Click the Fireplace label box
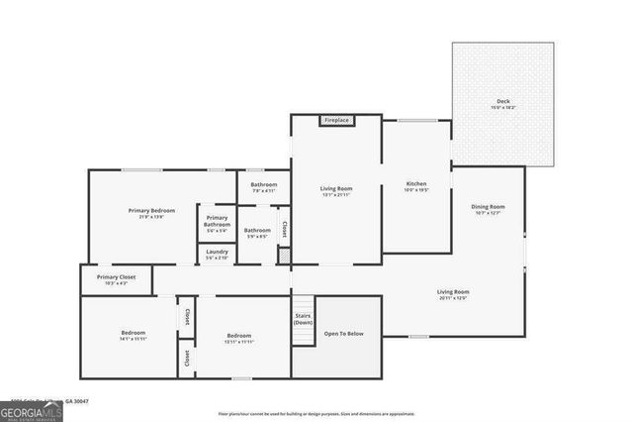pos(335,121)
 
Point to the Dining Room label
pos(489,209)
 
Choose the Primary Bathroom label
pos(217,222)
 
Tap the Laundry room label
pos(217,254)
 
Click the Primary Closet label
pos(116,279)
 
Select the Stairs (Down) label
pos(303,319)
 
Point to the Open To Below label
pos(344,333)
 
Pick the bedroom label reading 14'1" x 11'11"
pos(134,335)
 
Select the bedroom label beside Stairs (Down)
pos(239,338)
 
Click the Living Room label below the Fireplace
pos(335,190)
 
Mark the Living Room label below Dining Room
pos(453,294)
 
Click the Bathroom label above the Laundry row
pos(263,187)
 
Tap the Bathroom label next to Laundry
pos(257,233)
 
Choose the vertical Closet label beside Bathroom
pos(284,229)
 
